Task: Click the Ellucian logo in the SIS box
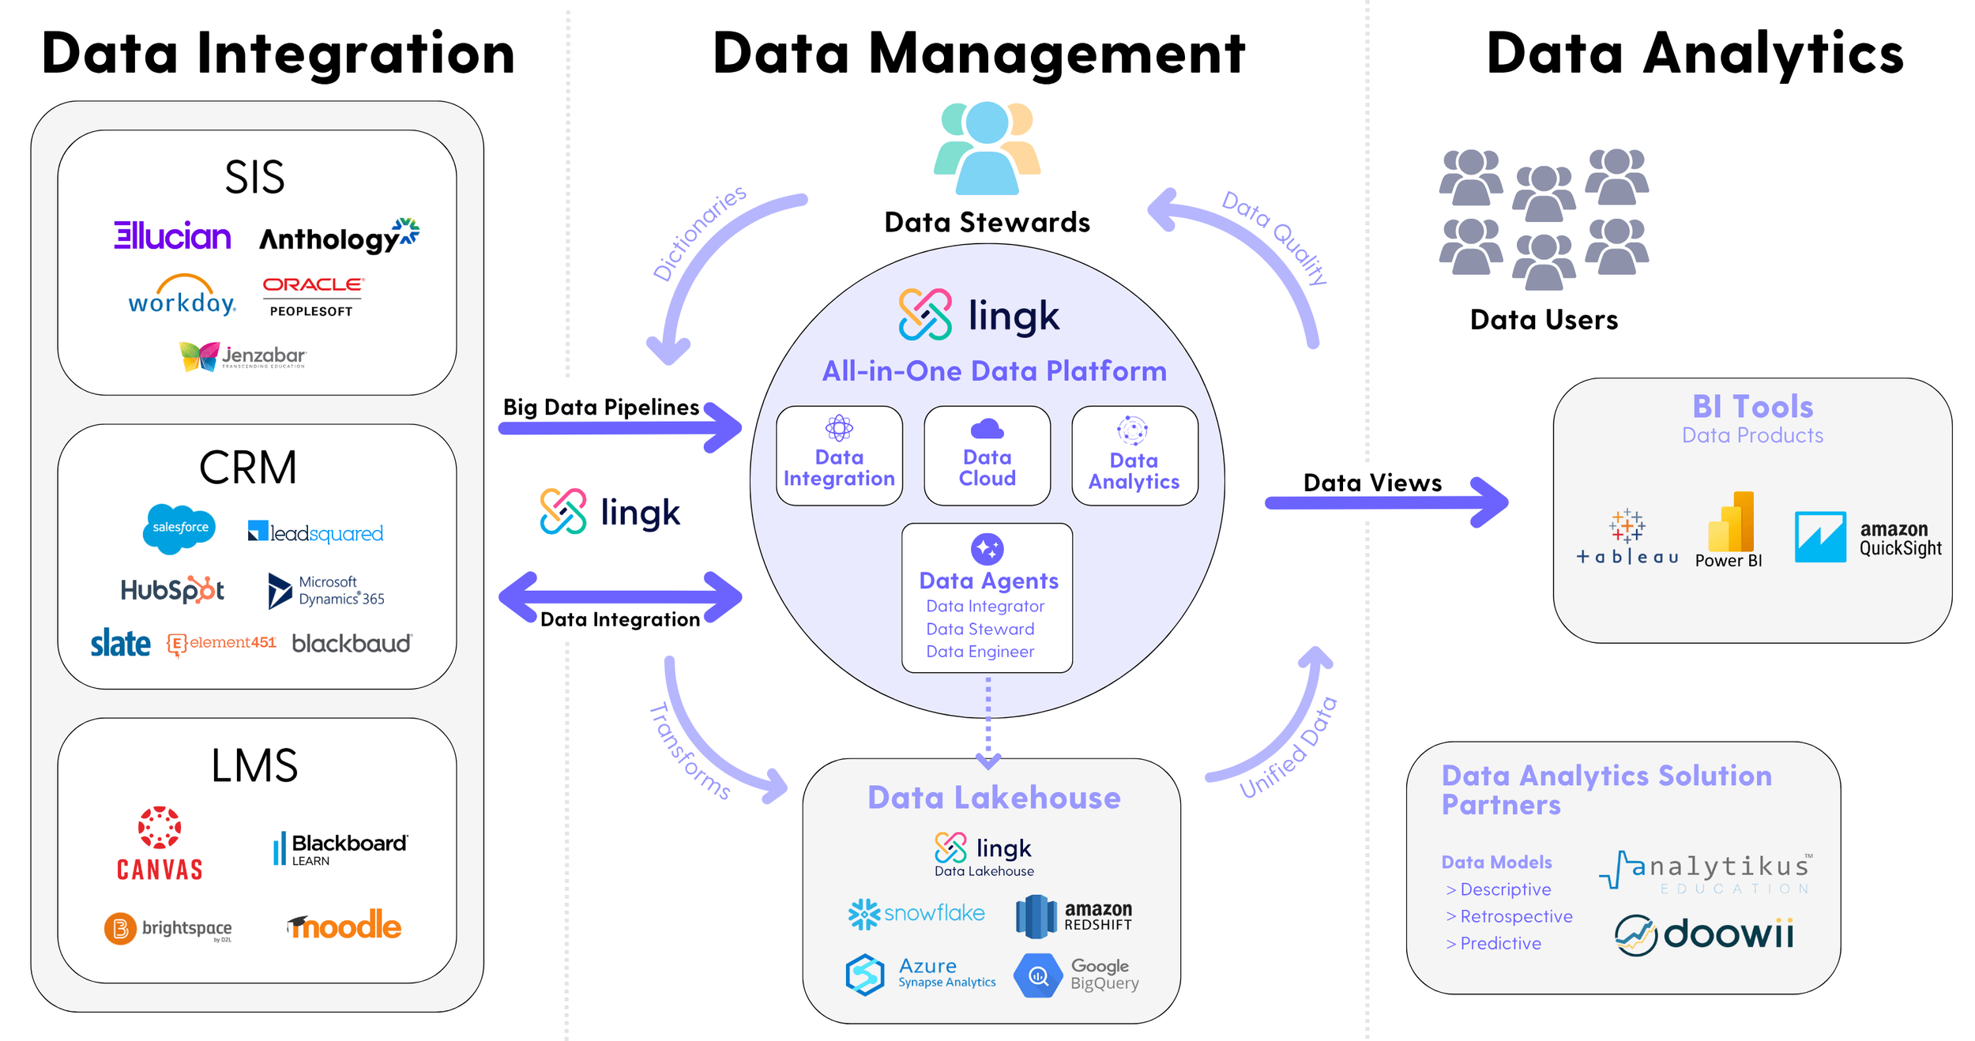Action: (172, 235)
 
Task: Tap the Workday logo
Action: (182, 296)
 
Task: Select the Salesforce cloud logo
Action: (179, 527)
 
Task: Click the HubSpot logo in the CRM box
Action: (172, 590)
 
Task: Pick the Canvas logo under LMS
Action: (160, 844)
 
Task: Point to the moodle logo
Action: (345, 925)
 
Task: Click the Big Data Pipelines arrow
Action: (620, 428)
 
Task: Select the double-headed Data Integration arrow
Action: (620, 596)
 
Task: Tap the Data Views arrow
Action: (1386, 502)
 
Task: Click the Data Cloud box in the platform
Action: (987, 456)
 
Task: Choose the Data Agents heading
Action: (988, 581)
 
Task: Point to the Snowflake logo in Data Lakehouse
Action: (916, 914)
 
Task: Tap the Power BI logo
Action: (1729, 529)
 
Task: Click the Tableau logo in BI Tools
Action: (1627, 537)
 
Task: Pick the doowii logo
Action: (1704, 934)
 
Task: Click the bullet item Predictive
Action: (1499, 943)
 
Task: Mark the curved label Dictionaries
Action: (698, 232)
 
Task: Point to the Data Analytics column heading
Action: (1695, 54)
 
